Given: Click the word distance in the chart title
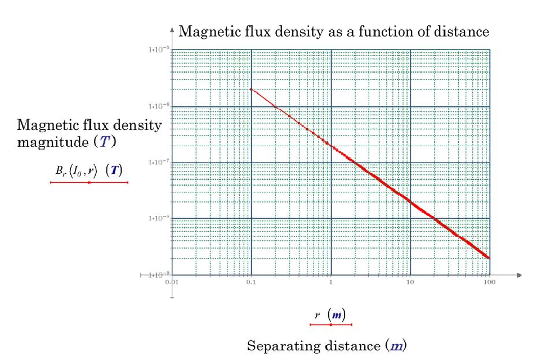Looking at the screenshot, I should pos(462,32).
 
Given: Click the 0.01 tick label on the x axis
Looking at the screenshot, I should pos(172,282).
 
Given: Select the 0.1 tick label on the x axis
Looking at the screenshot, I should pos(251,282).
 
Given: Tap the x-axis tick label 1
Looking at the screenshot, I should pos(331,282).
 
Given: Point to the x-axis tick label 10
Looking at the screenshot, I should pos(410,282).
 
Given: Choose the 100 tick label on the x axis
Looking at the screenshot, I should pos(489,282).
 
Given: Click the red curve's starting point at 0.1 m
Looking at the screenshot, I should pos(251,89).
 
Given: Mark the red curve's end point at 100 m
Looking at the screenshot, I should pos(489,258).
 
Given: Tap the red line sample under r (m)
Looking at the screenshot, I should pos(331,325).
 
